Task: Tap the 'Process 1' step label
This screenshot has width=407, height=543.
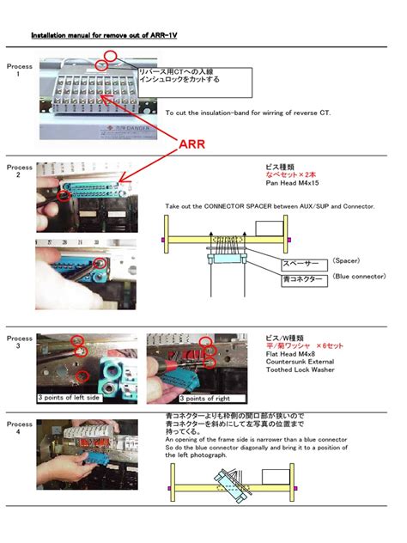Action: pos(19,70)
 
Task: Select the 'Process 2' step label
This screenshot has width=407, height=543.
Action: pos(19,171)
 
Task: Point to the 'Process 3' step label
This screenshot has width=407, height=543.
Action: pos(19,342)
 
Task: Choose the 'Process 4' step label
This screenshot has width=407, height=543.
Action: pos(19,428)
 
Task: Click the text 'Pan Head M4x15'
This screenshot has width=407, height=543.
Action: pos(294,183)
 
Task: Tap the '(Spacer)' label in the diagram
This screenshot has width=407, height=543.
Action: pos(352,260)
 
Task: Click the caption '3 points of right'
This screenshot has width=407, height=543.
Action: pos(206,399)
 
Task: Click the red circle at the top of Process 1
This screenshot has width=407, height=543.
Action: pos(110,58)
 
